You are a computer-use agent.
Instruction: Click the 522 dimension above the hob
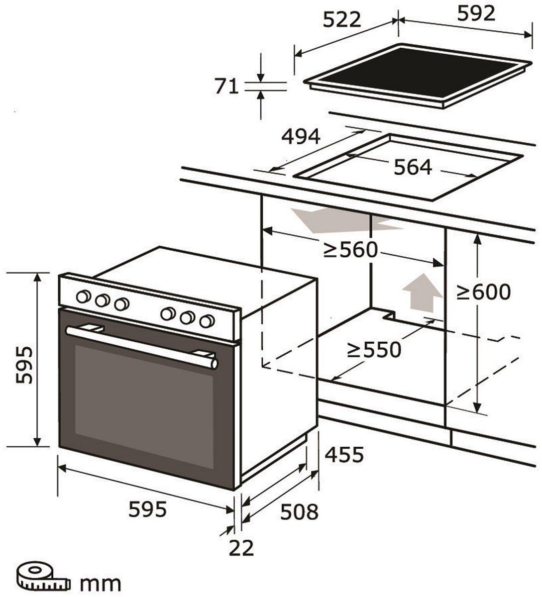(x=341, y=19)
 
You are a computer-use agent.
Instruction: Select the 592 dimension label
(x=476, y=14)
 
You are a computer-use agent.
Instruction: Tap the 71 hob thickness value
(x=226, y=87)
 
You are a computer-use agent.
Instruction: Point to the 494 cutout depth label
(x=301, y=136)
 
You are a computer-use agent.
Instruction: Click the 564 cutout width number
(x=413, y=167)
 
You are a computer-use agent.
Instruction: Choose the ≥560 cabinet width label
(x=351, y=250)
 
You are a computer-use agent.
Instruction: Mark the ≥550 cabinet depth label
(x=374, y=350)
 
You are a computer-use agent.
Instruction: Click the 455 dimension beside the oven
(x=344, y=454)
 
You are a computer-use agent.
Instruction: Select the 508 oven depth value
(x=299, y=511)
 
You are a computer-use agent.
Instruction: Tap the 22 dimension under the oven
(x=241, y=548)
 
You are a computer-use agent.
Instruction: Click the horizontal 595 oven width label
(x=147, y=509)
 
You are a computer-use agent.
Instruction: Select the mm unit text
(x=101, y=583)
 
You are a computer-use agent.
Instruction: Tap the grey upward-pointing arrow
(x=422, y=292)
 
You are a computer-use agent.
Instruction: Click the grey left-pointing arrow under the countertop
(x=343, y=221)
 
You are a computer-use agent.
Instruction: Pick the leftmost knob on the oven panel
(x=83, y=297)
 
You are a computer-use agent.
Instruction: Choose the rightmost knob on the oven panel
(x=207, y=321)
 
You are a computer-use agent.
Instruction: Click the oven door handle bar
(x=142, y=345)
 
